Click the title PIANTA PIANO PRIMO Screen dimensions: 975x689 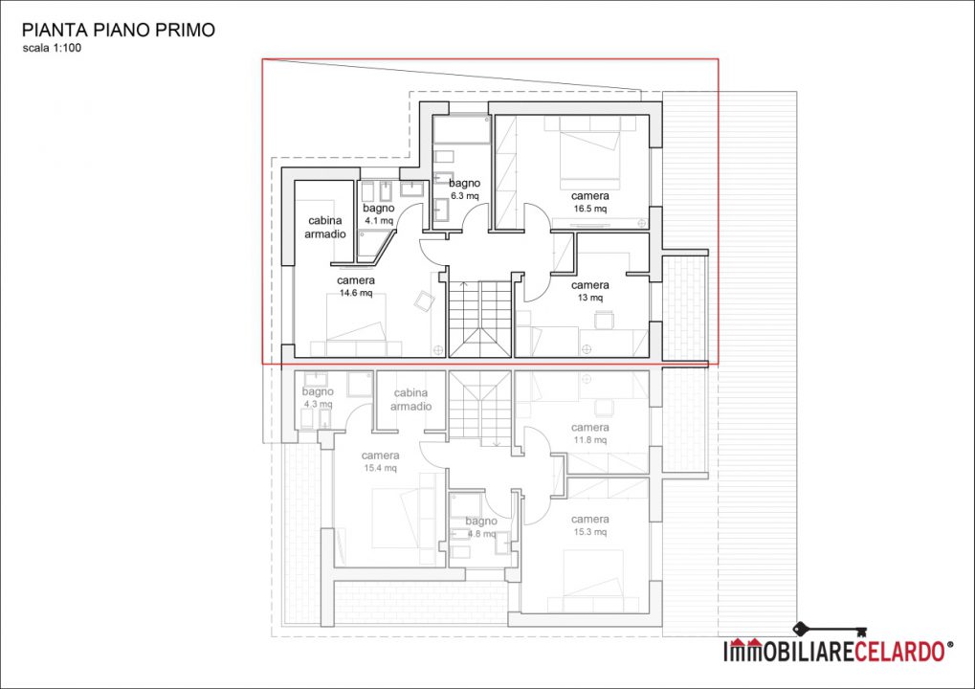coord(118,30)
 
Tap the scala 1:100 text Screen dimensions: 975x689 coord(52,48)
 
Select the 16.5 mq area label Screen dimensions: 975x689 coord(590,209)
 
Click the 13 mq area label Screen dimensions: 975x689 coord(590,298)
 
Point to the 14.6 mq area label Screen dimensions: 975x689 coord(356,293)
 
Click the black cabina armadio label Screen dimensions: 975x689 coord(325,227)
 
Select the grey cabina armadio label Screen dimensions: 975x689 coord(411,399)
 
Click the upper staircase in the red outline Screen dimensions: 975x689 coord(480,319)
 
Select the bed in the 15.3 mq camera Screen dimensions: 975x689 coord(594,573)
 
